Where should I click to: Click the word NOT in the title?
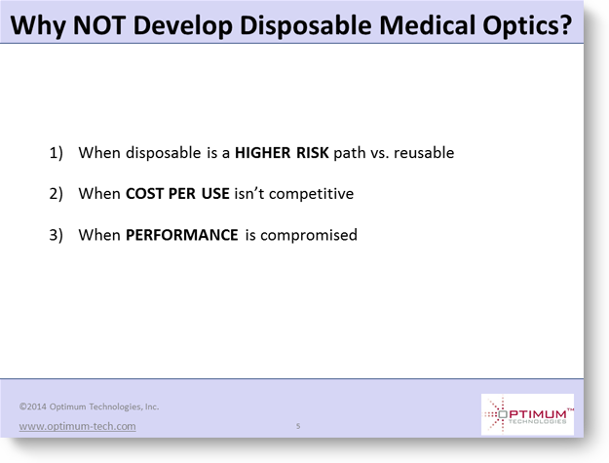98,25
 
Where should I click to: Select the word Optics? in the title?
527,26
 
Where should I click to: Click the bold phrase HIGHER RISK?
282,153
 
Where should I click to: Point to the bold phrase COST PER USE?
177,193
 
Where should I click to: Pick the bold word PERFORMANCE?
182,235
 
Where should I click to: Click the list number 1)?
56,153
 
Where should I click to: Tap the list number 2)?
56,194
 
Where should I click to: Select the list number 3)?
56,235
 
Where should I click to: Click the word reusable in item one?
424,153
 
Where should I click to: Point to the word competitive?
311,194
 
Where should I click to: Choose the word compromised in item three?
309,235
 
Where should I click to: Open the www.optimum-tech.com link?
78,426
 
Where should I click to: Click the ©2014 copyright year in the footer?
33,406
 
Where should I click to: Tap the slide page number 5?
298,426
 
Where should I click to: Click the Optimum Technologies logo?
527,414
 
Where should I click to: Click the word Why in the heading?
38,26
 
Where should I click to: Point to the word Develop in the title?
182,26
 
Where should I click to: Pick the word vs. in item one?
380,153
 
